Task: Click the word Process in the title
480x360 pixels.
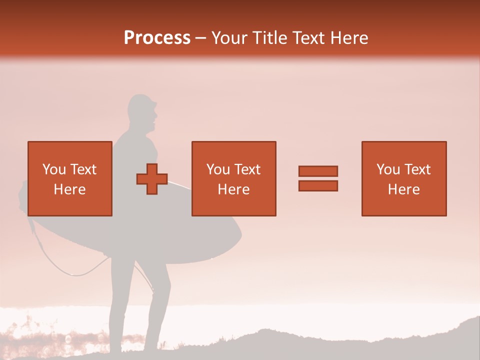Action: click(157, 38)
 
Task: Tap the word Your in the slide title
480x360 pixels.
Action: click(229, 38)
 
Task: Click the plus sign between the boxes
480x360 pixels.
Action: click(152, 179)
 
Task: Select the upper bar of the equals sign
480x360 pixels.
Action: click(318, 171)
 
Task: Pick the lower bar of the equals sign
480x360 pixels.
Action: click(318, 185)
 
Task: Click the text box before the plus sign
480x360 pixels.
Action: click(70, 178)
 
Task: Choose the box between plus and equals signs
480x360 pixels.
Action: click(234, 178)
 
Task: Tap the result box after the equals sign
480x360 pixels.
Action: click(404, 178)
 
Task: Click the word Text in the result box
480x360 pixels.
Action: click(416, 169)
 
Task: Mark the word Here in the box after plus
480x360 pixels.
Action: click(234, 189)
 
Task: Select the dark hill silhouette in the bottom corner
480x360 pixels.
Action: click(450, 340)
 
